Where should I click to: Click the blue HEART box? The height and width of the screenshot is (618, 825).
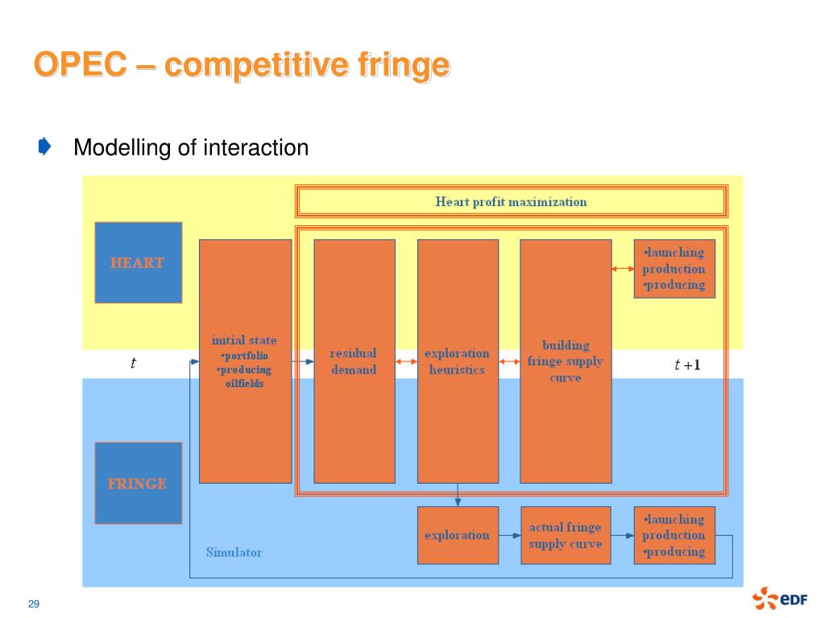click(x=139, y=262)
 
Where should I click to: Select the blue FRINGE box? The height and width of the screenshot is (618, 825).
click(x=139, y=483)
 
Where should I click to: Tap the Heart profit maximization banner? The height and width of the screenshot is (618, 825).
click(x=512, y=201)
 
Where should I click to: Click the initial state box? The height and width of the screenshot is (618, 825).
click(x=245, y=361)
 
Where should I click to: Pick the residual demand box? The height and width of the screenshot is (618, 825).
click(x=354, y=361)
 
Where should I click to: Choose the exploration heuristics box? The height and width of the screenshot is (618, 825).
click(x=458, y=361)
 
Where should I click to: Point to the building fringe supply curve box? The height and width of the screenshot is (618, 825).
click(x=566, y=361)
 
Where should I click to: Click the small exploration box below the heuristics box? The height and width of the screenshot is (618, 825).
click(x=458, y=535)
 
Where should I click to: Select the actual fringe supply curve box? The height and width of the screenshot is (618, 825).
click(x=566, y=535)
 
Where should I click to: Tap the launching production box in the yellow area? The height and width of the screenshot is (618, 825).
click(x=674, y=269)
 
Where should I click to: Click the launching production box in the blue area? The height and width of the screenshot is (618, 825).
click(x=674, y=535)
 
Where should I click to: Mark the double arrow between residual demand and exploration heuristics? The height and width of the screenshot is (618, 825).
click(x=406, y=361)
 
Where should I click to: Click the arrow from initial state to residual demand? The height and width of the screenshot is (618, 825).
click(x=303, y=361)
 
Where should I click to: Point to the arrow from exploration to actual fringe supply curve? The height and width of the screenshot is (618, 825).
click(x=510, y=535)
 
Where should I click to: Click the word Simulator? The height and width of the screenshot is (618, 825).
click(x=234, y=552)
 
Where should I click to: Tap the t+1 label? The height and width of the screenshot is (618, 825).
click(x=687, y=365)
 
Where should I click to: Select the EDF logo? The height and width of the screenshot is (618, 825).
click(x=780, y=598)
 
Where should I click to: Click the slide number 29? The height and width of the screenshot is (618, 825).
click(x=34, y=604)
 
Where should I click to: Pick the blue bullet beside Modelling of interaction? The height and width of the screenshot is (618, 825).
click(x=45, y=146)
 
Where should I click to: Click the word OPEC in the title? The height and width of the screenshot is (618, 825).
click(x=81, y=64)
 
